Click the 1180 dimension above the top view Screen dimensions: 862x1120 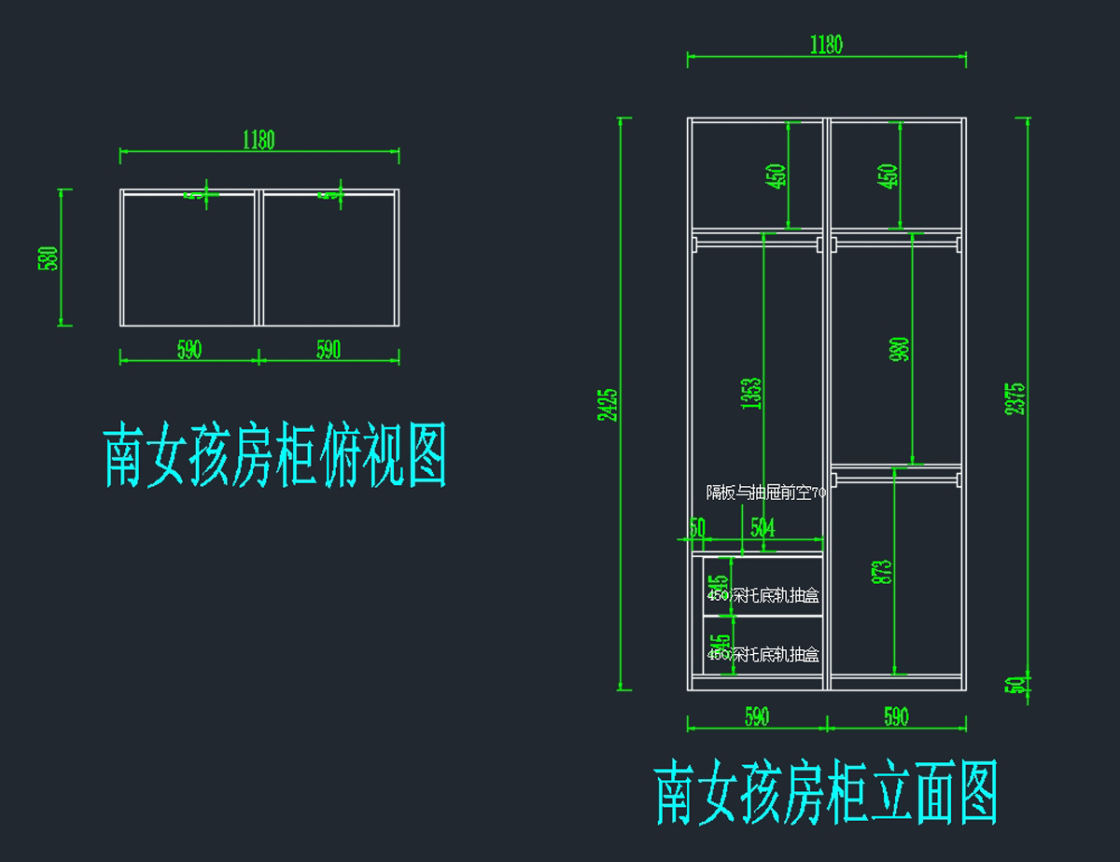(259, 140)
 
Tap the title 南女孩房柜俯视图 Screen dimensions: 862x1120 (274, 456)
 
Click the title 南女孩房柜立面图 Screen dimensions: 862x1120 (827, 793)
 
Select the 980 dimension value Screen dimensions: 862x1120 (899, 350)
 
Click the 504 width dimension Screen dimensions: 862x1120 (763, 528)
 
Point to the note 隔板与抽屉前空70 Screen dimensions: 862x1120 (765, 494)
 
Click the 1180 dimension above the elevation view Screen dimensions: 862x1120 (826, 45)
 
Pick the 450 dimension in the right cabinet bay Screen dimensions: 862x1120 (889, 175)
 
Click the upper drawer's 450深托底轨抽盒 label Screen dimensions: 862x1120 (763, 595)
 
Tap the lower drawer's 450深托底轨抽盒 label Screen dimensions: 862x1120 (763, 655)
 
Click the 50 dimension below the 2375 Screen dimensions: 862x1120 (1016, 684)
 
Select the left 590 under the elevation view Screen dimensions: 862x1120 (757, 716)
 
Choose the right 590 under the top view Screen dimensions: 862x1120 (329, 350)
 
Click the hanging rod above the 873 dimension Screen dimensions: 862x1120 (896, 480)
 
